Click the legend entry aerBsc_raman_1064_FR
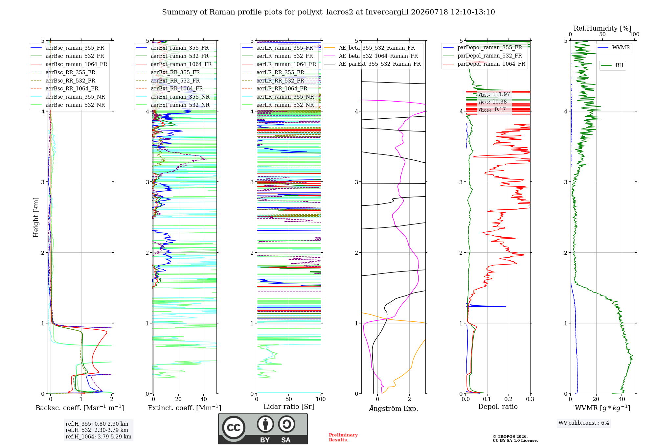coord(69,64)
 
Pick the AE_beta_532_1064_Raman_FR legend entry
coord(371,56)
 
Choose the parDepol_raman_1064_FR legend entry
coord(484,64)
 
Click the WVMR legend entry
coord(614,48)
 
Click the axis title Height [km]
coord(36,217)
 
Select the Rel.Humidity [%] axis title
coord(602,28)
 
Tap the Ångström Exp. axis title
coord(394,408)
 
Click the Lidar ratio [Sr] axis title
coord(289,407)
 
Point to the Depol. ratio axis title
coord(498,407)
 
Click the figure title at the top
coord(328,12)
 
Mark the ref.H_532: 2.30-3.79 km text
coord(97,430)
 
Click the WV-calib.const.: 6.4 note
coord(584,423)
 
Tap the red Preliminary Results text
coord(343,437)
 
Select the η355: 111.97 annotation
coord(494,94)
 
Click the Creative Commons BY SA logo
coord(263,429)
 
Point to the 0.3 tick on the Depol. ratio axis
coord(530,399)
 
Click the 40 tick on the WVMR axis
coord(622,399)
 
